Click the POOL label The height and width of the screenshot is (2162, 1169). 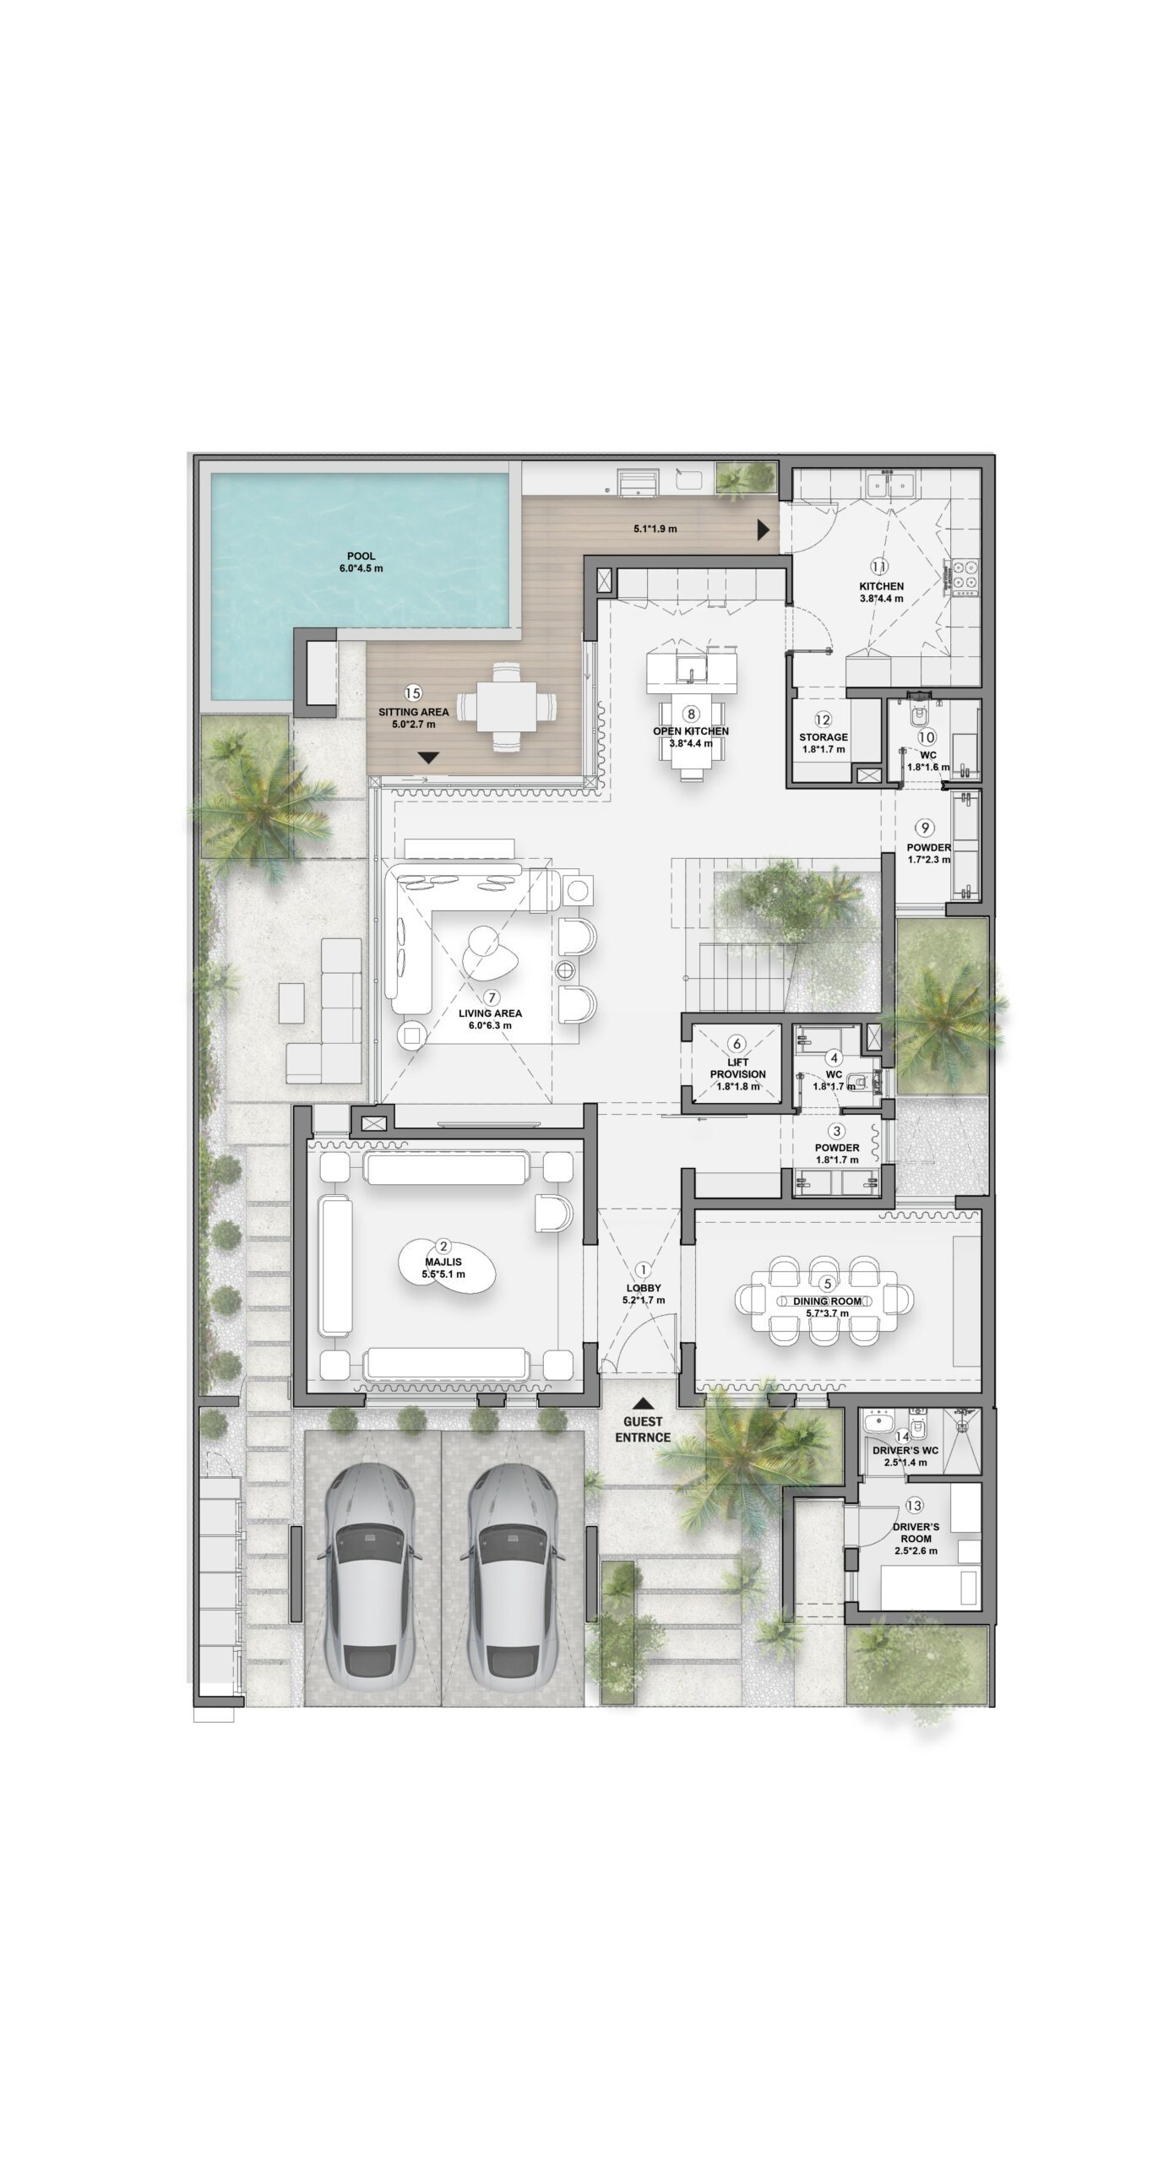[x=361, y=556]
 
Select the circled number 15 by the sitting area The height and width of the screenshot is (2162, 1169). [x=412, y=693]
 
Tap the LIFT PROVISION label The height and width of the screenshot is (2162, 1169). [x=737, y=1068]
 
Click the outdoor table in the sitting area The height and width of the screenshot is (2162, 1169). [x=506, y=707]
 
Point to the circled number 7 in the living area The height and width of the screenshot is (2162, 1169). [x=491, y=997]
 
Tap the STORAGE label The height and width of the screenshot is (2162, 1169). [x=824, y=737]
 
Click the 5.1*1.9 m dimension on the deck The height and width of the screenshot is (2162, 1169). [x=655, y=530]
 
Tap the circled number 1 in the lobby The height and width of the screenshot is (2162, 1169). [x=644, y=1268]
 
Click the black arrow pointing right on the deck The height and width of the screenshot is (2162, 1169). [x=764, y=530]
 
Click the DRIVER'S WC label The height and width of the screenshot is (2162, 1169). [x=905, y=1451]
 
